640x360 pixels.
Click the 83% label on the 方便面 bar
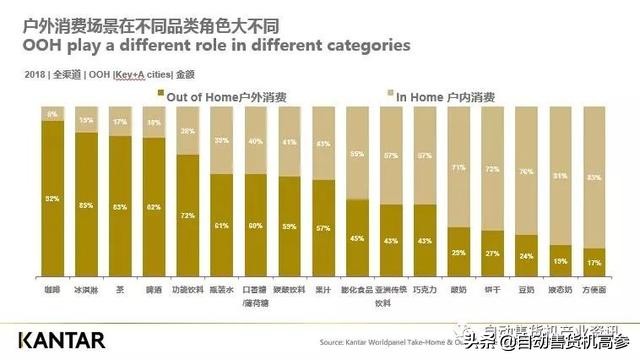(594, 178)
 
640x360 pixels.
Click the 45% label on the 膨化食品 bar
(357, 238)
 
